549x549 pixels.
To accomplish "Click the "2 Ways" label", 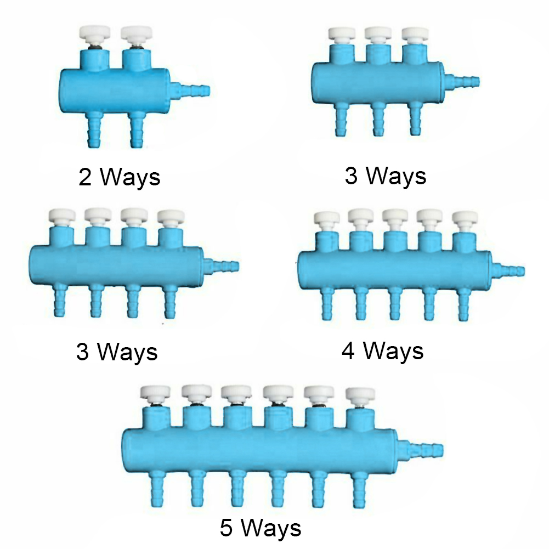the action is tap(120, 177).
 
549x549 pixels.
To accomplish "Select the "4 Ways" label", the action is tap(383, 351).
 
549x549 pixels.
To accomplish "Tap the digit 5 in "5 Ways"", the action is tap(226, 528).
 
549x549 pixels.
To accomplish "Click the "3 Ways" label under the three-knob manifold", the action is tap(386, 176).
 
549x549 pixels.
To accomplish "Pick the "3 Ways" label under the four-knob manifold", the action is tap(117, 352).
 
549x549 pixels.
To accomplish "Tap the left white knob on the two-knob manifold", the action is tap(95, 33).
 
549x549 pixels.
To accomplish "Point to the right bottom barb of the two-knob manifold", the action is tap(137, 130).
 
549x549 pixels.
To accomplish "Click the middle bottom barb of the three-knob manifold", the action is tap(378, 119).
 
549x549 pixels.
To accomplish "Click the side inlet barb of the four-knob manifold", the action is tap(222, 266).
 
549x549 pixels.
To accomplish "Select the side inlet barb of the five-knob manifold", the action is tap(508, 270).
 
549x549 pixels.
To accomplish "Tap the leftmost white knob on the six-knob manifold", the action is tap(155, 394).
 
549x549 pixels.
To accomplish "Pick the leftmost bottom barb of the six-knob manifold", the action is tap(157, 489).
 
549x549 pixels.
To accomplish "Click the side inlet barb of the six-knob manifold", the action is tap(421, 449).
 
